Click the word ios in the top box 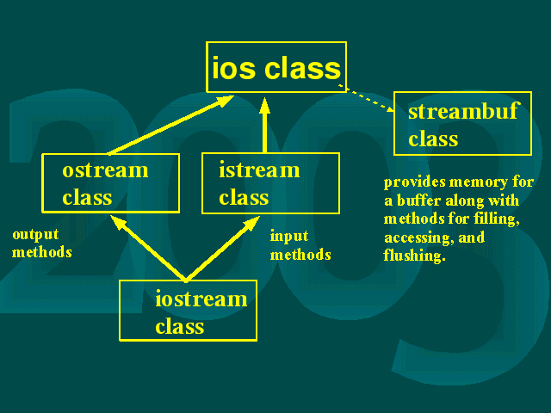click(x=233, y=68)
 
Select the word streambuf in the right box click(x=463, y=111)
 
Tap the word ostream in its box click(x=105, y=170)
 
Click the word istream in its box click(x=259, y=170)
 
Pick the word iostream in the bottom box click(x=201, y=299)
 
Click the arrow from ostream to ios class click(x=171, y=125)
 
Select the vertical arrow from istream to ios click(x=264, y=125)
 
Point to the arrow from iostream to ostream click(x=148, y=249)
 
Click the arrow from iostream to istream click(x=222, y=249)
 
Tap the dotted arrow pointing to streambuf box click(x=366, y=98)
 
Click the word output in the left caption click(x=35, y=235)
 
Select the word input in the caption click(x=289, y=237)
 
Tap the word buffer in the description click(x=418, y=200)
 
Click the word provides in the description click(x=415, y=182)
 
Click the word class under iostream click(x=180, y=327)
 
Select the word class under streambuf click(x=433, y=139)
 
